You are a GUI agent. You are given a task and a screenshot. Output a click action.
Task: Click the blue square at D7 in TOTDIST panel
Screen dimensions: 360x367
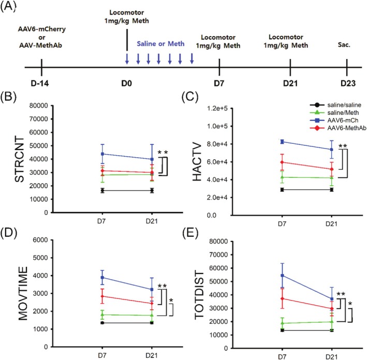282,275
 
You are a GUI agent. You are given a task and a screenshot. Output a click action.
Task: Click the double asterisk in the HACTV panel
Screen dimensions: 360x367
342,146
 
